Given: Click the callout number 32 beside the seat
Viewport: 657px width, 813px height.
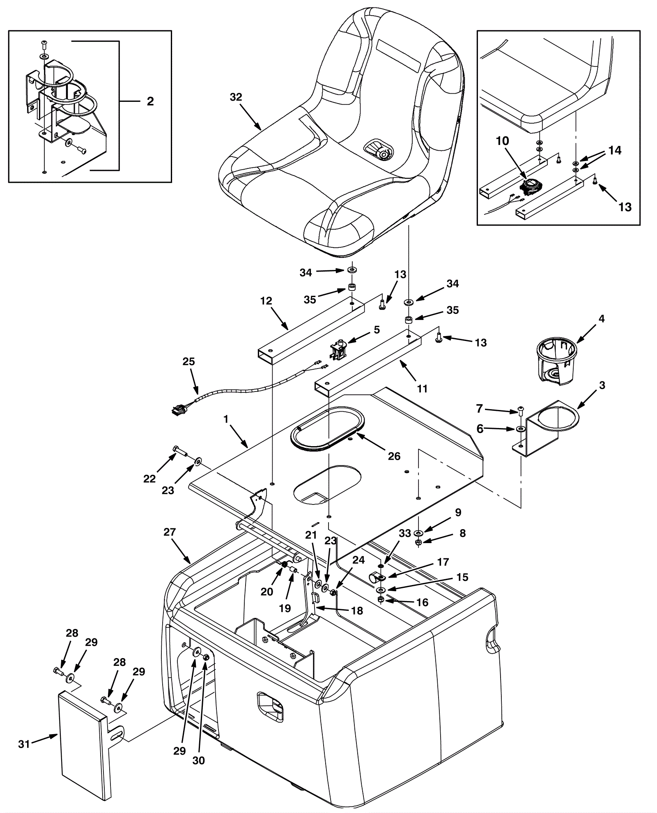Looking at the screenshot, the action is click(x=236, y=97).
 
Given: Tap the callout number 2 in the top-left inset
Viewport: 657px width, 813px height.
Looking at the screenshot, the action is click(x=150, y=101).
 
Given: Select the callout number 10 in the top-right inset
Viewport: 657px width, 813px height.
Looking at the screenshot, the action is click(x=502, y=141).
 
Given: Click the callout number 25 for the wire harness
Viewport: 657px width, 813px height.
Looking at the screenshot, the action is click(x=189, y=362).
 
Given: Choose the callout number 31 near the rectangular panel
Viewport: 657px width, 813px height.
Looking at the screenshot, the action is click(x=24, y=755).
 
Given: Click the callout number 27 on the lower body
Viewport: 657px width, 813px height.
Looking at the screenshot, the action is click(x=170, y=532).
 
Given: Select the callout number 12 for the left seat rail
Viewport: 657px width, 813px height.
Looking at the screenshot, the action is click(x=266, y=301).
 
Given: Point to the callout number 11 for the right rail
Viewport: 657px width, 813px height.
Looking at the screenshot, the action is click(x=422, y=388).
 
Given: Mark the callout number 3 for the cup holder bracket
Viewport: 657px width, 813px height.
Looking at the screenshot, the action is click(x=602, y=385).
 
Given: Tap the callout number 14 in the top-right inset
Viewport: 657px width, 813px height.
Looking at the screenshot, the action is click(x=615, y=150).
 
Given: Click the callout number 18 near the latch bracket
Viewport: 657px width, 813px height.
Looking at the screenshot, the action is click(x=357, y=611).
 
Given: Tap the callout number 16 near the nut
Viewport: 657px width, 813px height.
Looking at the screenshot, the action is click(x=422, y=602).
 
